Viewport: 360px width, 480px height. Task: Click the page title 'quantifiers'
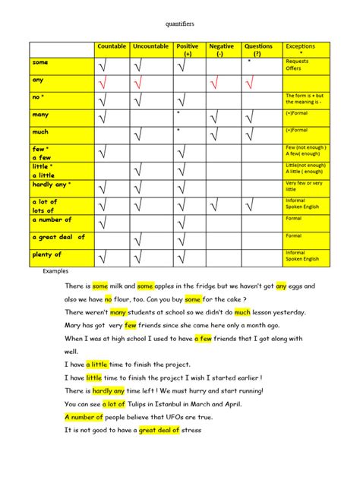pos(182,24)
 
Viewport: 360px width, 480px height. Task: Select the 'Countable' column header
pos(112,46)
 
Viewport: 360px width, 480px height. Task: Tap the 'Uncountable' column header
pos(150,46)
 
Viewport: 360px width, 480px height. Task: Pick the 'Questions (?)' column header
pos(258,50)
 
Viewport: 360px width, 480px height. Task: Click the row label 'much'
pos(40,131)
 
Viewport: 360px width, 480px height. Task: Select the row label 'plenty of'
pos(47,254)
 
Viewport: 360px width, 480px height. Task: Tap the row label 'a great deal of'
pos(58,237)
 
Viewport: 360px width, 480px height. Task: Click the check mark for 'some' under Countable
pos(102,67)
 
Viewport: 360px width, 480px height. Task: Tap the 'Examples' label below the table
pos(55,271)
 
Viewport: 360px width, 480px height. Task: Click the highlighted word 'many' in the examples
pos(118,312)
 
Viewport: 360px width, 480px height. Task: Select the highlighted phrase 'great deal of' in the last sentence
pos(159,431)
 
